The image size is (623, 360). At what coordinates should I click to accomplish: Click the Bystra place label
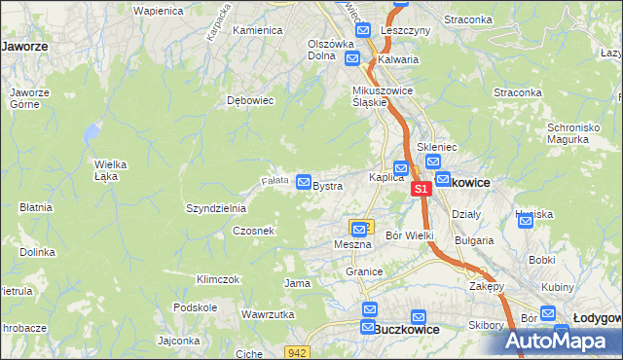pyautogui.click(x=327, y=186)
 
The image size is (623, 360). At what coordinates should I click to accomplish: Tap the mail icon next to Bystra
pyautogui.click(x=304, y=182)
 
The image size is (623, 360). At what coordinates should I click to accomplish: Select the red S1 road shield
pyautogui.click(x=420, y=189)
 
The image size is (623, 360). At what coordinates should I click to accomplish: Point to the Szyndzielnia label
pyautogui.click(x=215, y=209)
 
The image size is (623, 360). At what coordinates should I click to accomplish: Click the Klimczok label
pyautogui.click(x=217, y=279)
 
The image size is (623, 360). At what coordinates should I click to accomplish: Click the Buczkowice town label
pyautogui.click(x=407, y=330)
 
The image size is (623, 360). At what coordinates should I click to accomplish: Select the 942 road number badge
pyautogui.click(x=299, y=350)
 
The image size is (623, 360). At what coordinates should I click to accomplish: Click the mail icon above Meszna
pyautogui.click(x=359, y=229)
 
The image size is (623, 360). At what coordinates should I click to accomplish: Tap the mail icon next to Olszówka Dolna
pyautogui.click(x=353, y=58)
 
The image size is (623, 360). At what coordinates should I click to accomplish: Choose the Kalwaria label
pyautogui.click(x=398, y=59)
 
